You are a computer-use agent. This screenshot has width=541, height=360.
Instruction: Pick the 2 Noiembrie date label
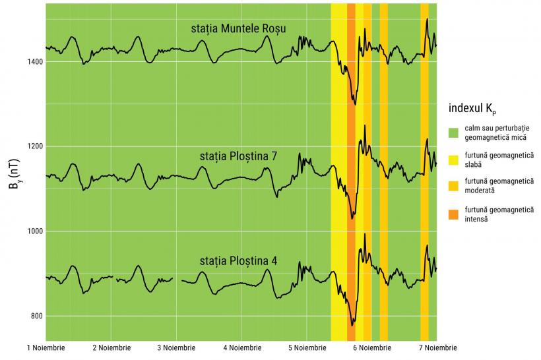coord(111,348)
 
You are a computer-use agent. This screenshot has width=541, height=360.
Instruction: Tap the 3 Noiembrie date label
coord(176,348)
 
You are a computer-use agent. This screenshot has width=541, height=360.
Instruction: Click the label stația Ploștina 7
coord(238,156)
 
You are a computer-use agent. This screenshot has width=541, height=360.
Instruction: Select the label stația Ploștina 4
coord(238,260)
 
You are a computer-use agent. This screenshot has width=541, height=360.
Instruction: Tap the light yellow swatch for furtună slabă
coord(453,158)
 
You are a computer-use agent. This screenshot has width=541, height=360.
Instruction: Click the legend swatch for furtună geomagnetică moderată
coord(453,186)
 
